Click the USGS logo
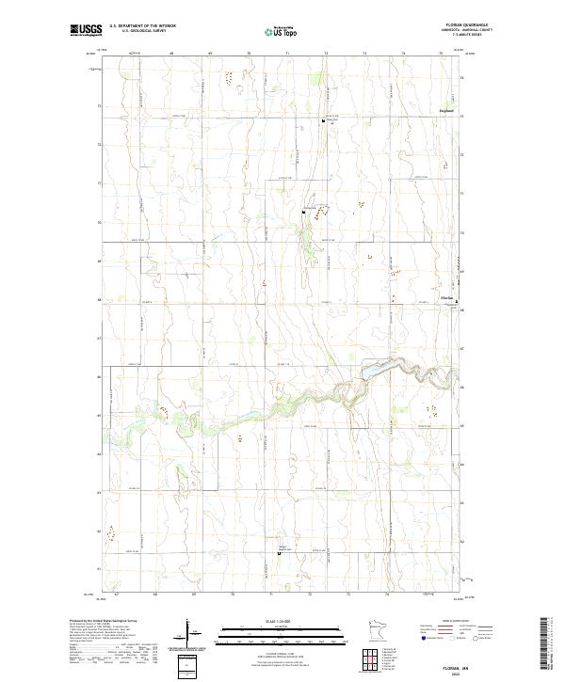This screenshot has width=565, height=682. pos(86,30)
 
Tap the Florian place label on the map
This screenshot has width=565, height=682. pos(448,298)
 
